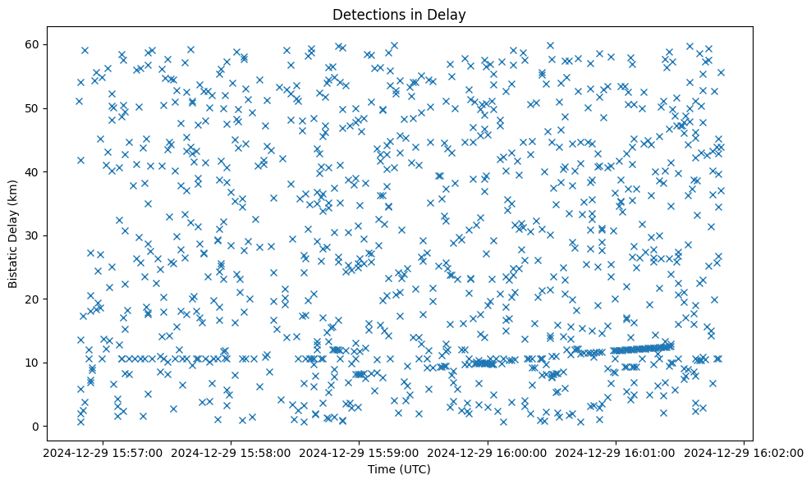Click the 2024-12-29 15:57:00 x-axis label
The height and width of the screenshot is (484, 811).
pos(104,452)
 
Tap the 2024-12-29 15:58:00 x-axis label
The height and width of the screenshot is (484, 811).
pos(232,452)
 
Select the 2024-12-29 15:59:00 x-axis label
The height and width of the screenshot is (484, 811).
pos(360,452)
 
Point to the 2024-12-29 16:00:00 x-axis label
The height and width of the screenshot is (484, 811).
pos(488,452)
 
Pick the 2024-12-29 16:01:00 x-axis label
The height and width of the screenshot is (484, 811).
pos(616,452)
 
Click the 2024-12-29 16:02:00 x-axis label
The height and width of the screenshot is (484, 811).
pos(745,452)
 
